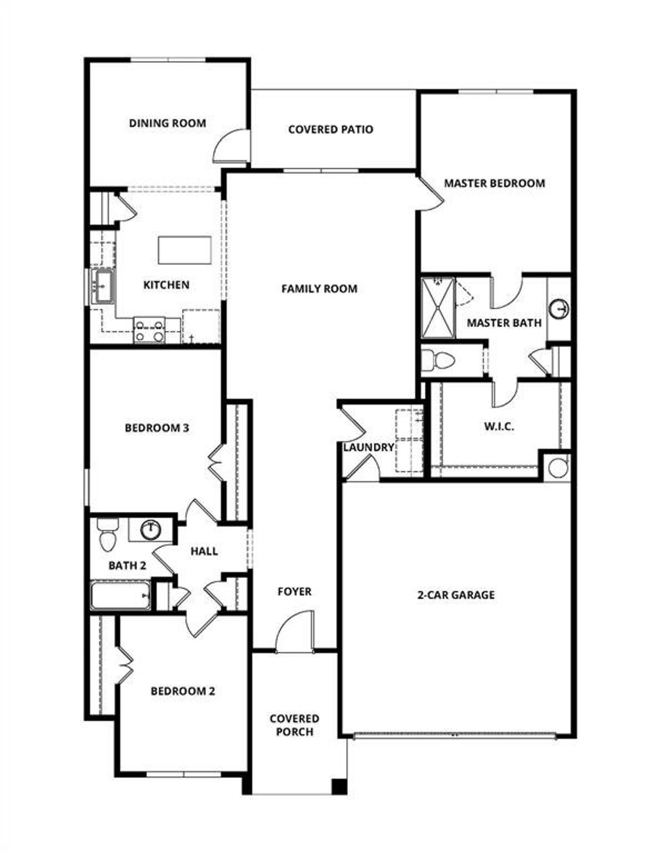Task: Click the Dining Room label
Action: [x=167, y=123]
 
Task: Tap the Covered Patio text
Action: [x=331, y=129]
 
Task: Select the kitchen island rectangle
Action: [x=185, y=250]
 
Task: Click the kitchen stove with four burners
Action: [x=149, y=330]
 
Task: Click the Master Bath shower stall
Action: [x=438, y=308]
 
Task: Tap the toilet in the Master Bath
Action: [x=437, y=361]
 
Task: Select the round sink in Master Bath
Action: [x=559, y=310]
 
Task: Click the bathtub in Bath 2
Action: [x=121, y=595]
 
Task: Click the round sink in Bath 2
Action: [x=151, y=529]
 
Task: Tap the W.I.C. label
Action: [x=499, y=426]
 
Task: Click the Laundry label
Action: [x=368, y=448]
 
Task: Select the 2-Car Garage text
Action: [x=455, y=595]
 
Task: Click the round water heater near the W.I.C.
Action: [x=557, y=468]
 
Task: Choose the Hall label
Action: [x=204, y=551]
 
